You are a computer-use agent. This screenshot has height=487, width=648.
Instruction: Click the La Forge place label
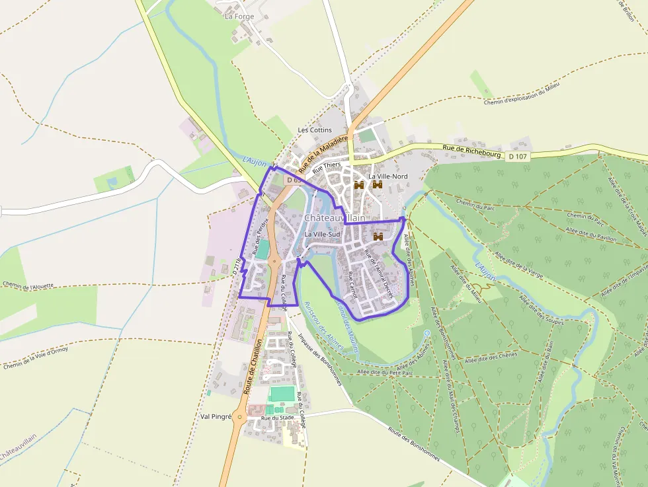click(239, 16)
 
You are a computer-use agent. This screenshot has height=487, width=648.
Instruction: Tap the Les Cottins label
click(315, 130)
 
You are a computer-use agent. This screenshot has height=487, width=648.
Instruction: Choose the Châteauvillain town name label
click(335, 217)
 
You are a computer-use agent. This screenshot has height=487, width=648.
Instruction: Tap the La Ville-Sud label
click(322, 235)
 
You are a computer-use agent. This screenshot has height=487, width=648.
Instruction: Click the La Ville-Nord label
click(388, 176)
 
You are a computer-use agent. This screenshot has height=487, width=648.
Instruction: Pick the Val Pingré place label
click(216, 417)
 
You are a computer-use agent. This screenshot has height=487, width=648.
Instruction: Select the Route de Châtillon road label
click(253, 367)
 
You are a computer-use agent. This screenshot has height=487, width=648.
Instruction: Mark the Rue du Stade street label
click(278, 418)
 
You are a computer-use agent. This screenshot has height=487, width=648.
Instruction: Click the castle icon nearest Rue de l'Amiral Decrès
click(379, 236)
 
